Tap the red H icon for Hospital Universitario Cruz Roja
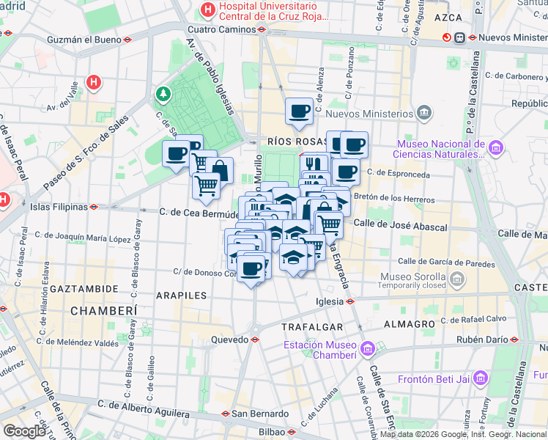(x=208, y=10)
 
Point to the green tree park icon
(x=162, y=94)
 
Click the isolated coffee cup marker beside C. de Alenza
(x=299, y=111)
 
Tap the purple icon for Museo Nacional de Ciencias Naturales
(x=496, y=149)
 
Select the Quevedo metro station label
(x=230, y=340)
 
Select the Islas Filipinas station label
(x=59, y=207)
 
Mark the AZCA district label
(x=448, y=16)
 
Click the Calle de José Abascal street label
(x=400, y=227)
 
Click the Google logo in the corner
(x=23, y=430)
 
